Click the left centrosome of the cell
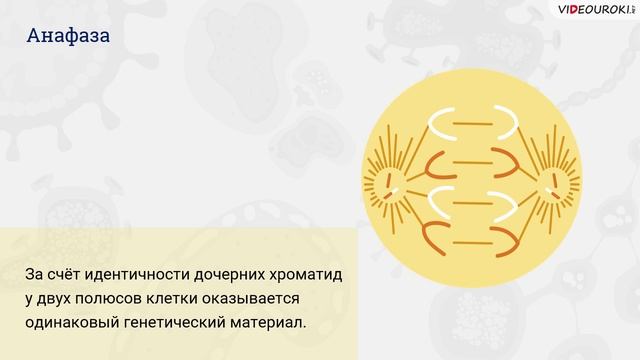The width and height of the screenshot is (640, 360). coord(389,181)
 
